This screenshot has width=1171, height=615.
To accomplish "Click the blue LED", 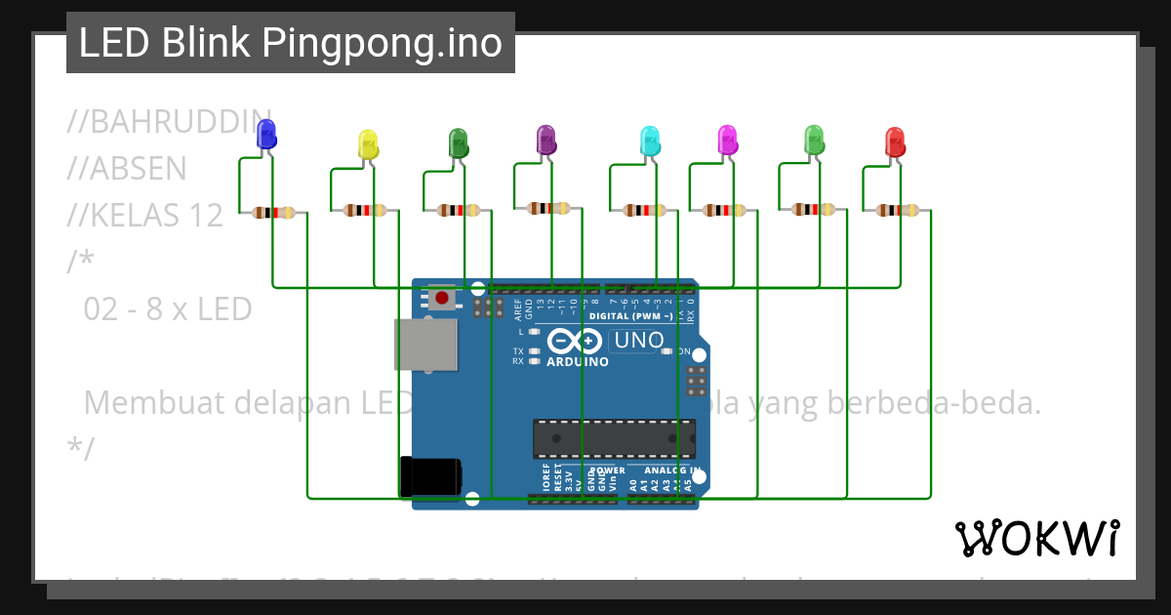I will coord(265,136).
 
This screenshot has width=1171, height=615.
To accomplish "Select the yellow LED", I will coord(368,144).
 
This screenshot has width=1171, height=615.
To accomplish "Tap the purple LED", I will coord(546,140).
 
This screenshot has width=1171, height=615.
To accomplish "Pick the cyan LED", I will coord(649,142).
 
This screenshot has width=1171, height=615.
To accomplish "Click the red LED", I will coord(894,143).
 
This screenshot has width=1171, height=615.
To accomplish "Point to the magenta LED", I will coord(727,140).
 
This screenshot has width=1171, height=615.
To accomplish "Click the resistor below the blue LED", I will coord(273,212).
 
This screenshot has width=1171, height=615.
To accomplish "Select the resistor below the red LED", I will coord(896,210).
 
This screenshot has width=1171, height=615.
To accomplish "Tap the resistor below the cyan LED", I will coord(644,210).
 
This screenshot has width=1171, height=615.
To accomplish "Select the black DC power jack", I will coord(430,477).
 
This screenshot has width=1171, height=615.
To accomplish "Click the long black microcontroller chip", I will coord(614,438).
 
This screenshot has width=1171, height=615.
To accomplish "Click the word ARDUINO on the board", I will coord(578,362).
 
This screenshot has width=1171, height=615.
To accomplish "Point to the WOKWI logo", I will coord(1036,538).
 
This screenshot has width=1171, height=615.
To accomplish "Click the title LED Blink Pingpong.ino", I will coord(290,43).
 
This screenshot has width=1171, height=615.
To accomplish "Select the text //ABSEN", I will coord(127,169).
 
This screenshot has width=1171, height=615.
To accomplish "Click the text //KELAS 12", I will coord(145,215).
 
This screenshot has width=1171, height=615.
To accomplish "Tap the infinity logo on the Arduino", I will coord(577,341).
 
